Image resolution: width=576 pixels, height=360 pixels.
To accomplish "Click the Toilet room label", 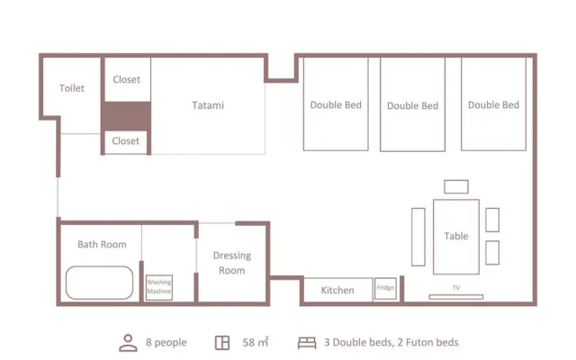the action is click(x=72, y=88).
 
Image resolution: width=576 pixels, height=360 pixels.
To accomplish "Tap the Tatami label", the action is click(x=208, y=105).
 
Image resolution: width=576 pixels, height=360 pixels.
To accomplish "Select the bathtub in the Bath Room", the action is click(x=100, y=283).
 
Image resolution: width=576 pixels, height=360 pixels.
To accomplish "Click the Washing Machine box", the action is click(x=159, y=287).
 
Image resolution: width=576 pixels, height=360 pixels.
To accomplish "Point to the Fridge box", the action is click(x=385, y=288).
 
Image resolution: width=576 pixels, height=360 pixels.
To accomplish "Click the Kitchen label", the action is click(x=337, y=290).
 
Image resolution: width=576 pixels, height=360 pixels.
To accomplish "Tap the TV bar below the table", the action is click(x=456, y=297).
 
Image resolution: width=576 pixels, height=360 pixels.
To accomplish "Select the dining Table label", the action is click(x=456, y=236).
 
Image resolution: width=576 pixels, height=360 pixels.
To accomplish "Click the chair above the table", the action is click(x=456, y=186).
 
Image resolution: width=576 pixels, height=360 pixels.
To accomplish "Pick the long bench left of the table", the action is click(x=418, y=237).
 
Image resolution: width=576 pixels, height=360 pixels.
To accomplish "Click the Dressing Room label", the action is click(x=232, y=263).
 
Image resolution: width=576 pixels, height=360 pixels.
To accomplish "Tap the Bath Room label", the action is click(x=102, y=244).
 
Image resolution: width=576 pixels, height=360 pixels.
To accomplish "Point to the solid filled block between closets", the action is click(x=126, y=116).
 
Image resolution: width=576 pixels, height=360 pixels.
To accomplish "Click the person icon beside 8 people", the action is click(x=128, y=343).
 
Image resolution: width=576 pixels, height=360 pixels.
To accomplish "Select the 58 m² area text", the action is click(x=256, y=342).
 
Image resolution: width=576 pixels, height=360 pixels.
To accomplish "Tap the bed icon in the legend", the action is click(x=307, y=343).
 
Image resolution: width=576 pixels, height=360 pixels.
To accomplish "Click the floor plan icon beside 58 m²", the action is click(x=222, y=343).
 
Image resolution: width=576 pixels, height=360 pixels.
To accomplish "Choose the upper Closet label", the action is click(x=127, y=79).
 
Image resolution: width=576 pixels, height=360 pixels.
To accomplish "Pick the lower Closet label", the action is click(x=126, y=141).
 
